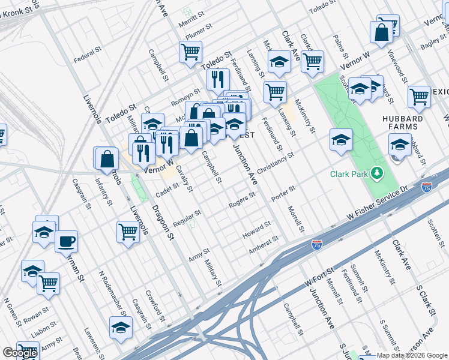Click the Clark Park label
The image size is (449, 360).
(350, 175)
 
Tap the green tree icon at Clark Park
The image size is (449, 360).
(377, 174)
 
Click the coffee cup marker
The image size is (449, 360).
(66, 242)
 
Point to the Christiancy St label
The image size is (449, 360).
(276, 163)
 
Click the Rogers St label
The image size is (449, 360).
(242, 201)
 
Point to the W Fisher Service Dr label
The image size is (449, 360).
(378, 202)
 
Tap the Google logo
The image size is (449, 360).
(20, 353)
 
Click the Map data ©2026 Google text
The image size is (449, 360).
(412, 355)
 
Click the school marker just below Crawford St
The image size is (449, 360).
(121, 328)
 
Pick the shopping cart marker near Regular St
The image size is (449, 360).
(128, 231)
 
